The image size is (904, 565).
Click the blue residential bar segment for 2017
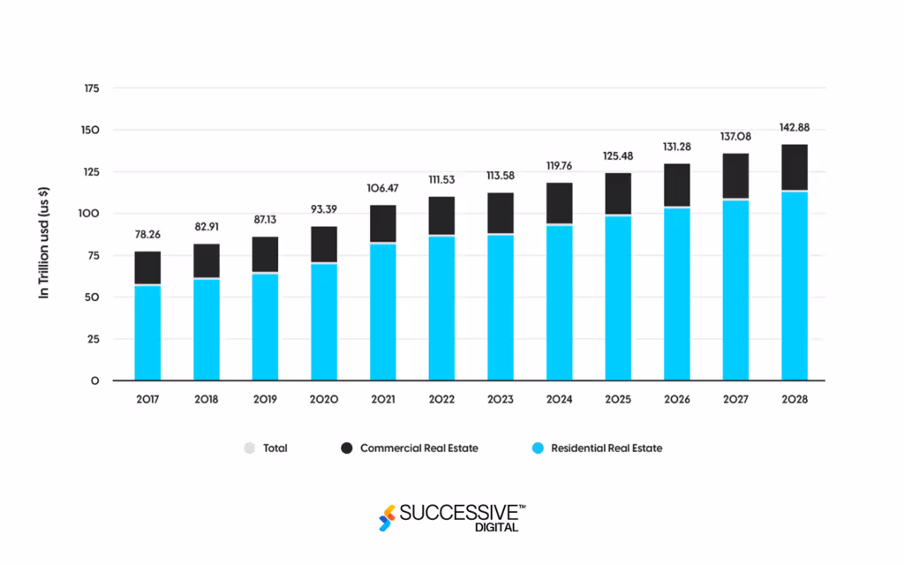(147, 333)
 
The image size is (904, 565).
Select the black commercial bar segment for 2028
(795, 168)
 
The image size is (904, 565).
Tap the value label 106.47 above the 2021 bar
(383, 188)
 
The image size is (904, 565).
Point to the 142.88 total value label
(795, 126)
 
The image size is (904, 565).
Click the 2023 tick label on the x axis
(501, 400)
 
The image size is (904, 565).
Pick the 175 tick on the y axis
(90, 89)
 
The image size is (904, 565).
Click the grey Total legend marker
(248, 448)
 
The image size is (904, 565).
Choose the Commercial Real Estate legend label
(418, 448)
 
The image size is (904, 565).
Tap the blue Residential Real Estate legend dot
(537, 448)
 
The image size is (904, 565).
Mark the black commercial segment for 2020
(324, 245)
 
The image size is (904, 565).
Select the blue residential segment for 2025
(618, 298)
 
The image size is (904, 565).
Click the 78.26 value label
(147, 235)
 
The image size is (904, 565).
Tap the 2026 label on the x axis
(677, 400)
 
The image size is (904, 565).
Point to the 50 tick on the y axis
(93, 298)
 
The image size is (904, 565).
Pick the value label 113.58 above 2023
(501, 176)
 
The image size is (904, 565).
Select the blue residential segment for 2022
(441, 308)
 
